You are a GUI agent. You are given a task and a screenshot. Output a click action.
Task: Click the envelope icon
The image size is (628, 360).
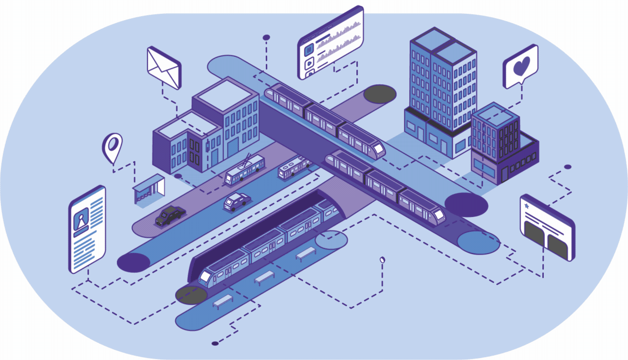164,69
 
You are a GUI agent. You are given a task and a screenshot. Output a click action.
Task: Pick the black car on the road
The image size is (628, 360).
170,215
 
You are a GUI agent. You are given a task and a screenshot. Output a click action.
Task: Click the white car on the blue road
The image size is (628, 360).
237,201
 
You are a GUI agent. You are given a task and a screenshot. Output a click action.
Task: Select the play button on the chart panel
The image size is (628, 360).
309,63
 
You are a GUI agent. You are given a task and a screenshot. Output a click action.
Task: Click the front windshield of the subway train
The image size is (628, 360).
205,278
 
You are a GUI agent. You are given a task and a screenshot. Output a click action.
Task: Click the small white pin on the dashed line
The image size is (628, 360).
383,260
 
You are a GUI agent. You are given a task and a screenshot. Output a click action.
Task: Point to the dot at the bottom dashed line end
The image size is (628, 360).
214,343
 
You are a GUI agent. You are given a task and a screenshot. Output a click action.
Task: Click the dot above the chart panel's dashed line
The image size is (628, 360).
266,37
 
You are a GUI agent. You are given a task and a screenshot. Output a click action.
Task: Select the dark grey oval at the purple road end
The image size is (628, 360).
379,94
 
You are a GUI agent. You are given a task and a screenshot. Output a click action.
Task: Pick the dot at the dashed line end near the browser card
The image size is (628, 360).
567,167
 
